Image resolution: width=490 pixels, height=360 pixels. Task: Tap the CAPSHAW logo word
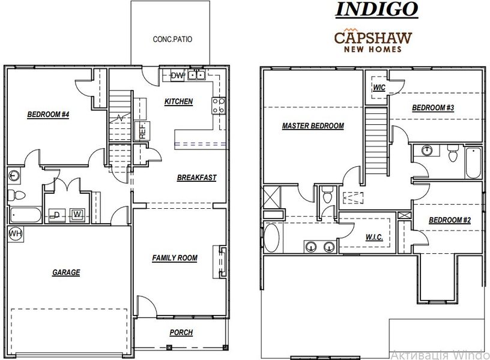372,37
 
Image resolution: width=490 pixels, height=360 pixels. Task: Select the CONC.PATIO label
173,40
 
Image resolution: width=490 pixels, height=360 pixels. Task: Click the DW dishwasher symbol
177,75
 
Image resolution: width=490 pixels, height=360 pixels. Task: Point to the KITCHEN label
179,101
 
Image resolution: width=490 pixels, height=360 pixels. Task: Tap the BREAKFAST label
196,178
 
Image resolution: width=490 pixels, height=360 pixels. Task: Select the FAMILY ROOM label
175,258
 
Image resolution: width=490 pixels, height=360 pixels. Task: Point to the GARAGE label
66,272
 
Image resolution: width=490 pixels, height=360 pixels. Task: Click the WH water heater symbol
14,233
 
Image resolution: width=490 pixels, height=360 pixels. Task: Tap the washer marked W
77,214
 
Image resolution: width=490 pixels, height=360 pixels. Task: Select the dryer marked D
56,214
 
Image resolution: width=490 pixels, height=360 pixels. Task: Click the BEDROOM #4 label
49,115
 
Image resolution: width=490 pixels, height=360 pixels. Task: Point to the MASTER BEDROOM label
313,126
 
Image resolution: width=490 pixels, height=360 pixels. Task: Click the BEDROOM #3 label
432,108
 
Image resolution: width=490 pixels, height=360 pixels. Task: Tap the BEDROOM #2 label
449,220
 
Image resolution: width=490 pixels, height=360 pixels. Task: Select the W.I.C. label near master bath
375,238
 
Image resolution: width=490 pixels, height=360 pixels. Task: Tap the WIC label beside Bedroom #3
379,88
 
